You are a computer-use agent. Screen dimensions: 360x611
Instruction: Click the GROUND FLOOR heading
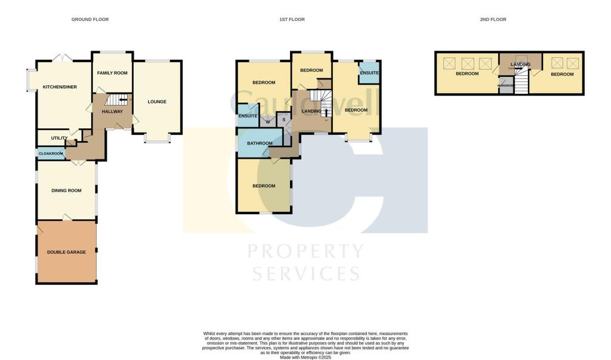90,20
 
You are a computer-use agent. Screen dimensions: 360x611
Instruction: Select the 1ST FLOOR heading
292,20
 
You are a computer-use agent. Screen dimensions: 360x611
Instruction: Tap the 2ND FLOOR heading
493,20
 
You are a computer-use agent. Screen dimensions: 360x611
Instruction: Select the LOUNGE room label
157,101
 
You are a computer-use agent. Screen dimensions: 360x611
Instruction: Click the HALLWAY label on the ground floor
112,111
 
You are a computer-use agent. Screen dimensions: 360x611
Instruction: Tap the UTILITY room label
59,138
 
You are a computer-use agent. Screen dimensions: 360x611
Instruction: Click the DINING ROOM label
66,190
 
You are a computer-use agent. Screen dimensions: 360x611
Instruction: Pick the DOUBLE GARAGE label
66,252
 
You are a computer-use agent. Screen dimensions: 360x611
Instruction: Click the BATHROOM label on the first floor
260,143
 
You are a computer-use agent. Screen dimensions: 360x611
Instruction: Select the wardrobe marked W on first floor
267,122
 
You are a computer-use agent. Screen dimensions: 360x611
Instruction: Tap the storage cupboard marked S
283,120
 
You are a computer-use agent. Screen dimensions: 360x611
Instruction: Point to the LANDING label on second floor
520,64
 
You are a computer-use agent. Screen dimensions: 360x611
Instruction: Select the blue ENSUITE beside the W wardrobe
247,115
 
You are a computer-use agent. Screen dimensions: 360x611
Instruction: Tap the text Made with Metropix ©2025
305,357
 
